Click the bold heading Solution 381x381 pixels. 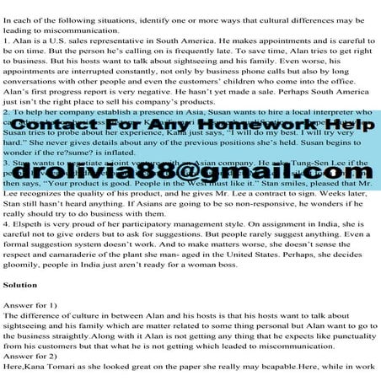(25, 285)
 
